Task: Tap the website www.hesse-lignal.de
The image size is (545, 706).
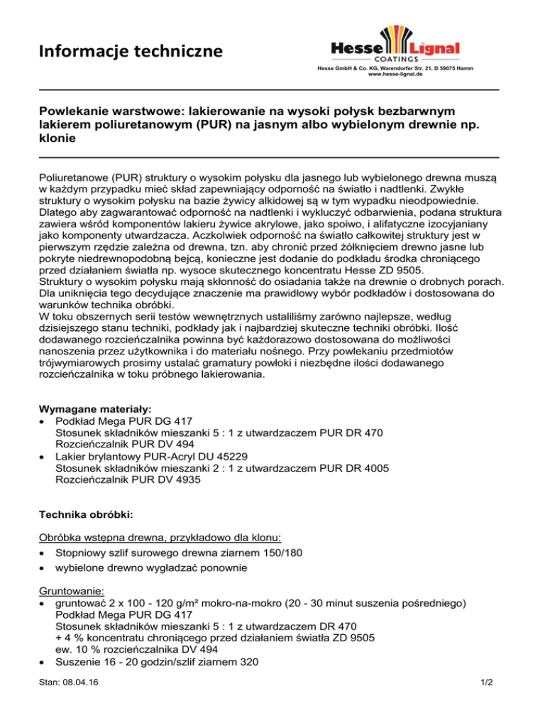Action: tap(395, 74)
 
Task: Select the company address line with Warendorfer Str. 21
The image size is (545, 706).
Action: tap(395, 68)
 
